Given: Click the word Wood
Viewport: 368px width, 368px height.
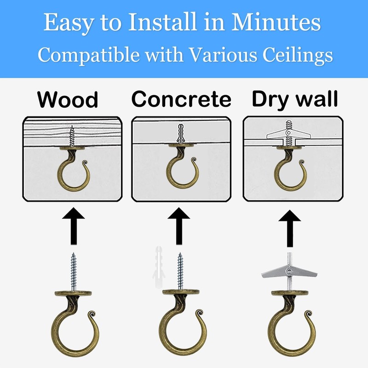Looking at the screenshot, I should pyautogui.click(x=68, y=99).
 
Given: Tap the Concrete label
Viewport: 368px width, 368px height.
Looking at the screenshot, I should pyautogui.click(x=181, y=99).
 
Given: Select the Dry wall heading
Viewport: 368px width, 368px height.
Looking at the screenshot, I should pyautogui.click(x=294, y=99).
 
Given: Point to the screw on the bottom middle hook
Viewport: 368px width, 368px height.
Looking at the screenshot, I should pyautogui.click(x=180, y=271).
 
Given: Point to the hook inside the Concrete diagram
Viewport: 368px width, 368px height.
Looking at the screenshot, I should pyautogui.click(x=180, y=170).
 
